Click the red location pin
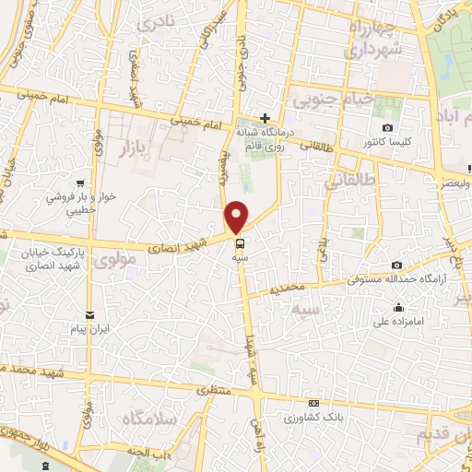tap(238, 216)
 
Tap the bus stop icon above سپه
tap(240, 245)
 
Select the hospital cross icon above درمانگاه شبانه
tap(265, 118)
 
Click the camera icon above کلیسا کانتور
tap(387, 127)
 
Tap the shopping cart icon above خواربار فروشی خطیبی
tap(83, 183)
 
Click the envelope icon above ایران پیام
tap(89, 315)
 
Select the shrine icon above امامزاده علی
tap(397, 308)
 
